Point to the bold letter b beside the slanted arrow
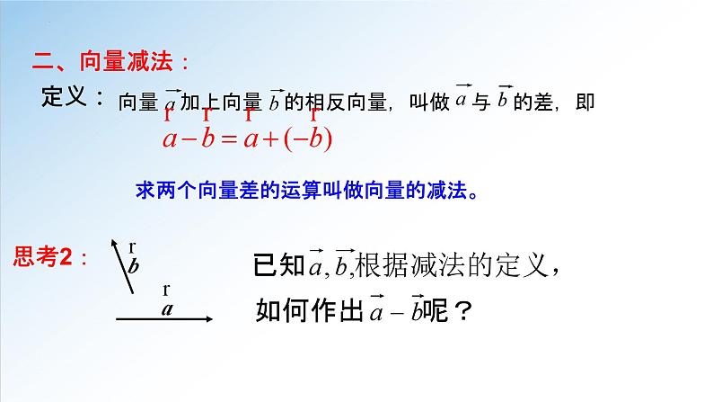[135, 266]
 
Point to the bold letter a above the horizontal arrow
[166, 308]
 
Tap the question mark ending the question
[463, 311]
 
